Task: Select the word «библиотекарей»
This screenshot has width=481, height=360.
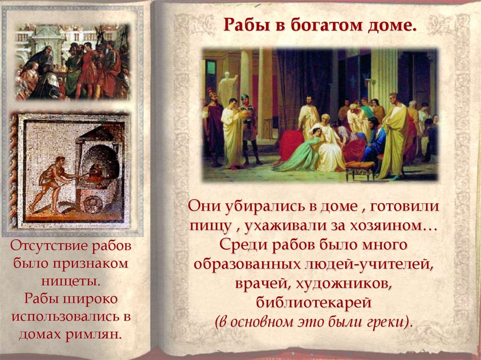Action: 314,303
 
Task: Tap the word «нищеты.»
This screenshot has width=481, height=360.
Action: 70,281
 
